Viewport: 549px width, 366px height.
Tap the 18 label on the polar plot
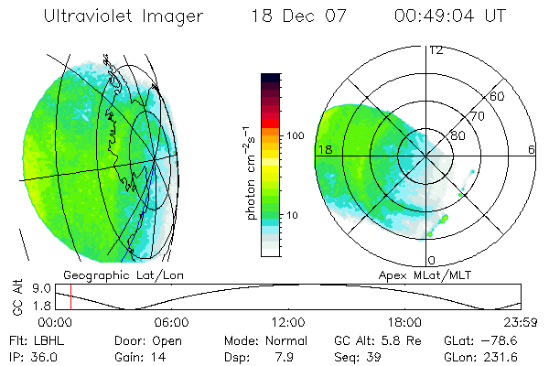pos(324,148)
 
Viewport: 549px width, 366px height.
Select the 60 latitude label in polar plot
pos(498,96)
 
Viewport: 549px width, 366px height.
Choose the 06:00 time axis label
pos(171,322)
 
